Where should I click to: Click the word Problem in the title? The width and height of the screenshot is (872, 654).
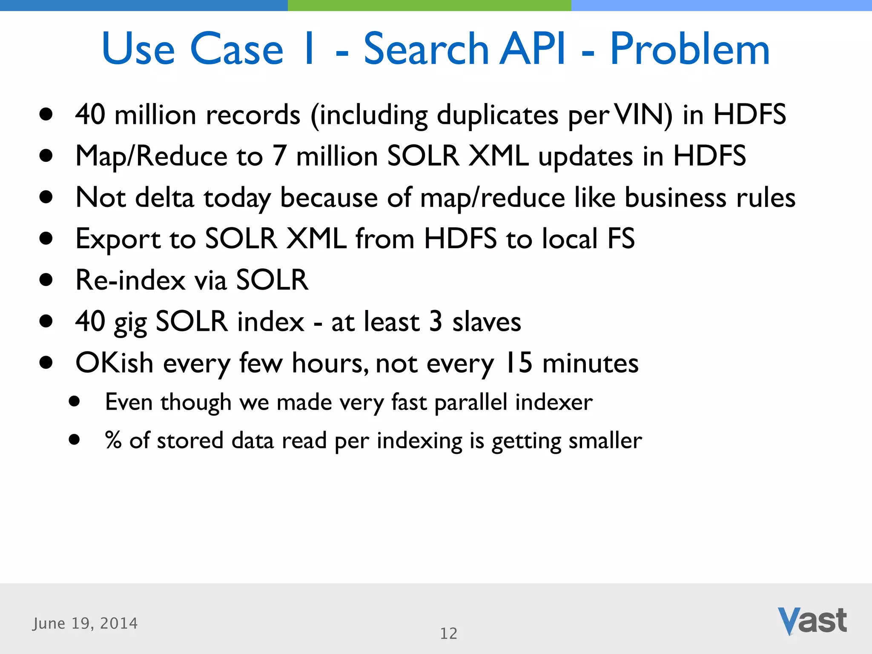click(x=690, y=49)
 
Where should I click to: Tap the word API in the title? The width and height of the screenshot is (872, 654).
click(x=532, y=49)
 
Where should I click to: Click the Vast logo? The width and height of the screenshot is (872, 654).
click(x=812, y=621)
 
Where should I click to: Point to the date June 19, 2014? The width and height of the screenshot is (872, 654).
click(x=85, y=623)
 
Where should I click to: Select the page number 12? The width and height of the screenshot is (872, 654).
click(x=448, y=634)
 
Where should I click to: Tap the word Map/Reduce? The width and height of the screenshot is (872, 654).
click(x=152, y=156)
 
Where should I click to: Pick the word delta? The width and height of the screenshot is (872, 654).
click(x=165, y=198)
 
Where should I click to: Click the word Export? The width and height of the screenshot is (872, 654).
click(x=118, y=239)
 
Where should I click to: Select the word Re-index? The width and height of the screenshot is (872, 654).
click(x=130, y=280)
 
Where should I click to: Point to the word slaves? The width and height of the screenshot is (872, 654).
click(x=487, y=322)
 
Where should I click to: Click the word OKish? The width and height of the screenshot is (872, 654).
click(x=114, y=363)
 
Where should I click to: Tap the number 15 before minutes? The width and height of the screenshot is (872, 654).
click(x=518, y=363)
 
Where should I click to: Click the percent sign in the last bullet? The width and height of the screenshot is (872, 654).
click(x=113, y=440)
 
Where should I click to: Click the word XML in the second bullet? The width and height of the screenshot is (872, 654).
click(x=499, y=156)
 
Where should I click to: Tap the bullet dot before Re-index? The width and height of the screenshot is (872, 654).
click(x=46, y=280)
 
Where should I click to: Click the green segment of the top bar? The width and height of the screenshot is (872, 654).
click(x=429, y=5)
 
